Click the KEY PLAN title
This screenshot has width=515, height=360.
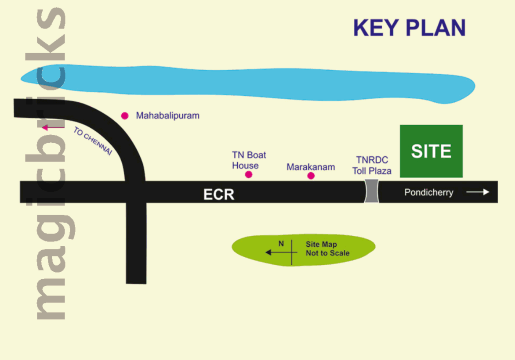coord(409,29)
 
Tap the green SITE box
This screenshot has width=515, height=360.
coord(431,151)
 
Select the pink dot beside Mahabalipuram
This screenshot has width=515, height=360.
coord(125,116)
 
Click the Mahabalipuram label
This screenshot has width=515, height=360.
coord(167,116)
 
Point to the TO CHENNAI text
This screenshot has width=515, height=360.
coord(93,141)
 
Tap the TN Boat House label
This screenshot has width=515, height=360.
coord(249,160)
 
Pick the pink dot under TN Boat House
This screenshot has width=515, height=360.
coord(249,175)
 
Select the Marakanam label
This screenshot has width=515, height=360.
coord(311,167)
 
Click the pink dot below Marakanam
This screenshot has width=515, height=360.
coord(311,176)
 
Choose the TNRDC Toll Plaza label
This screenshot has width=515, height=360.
coord(372,166)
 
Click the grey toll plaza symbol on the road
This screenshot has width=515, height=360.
coord(372,192)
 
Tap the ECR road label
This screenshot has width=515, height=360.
coord(219,194)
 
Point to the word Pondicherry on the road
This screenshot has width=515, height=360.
coord(428,192)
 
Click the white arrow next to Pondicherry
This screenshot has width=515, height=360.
coord(478,192)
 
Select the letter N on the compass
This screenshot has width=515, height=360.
coord(281,243)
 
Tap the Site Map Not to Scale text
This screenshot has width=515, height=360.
coord(327,248)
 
